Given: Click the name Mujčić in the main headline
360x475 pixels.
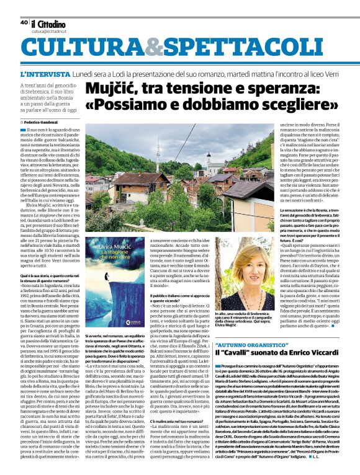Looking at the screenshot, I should point(112,88).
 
